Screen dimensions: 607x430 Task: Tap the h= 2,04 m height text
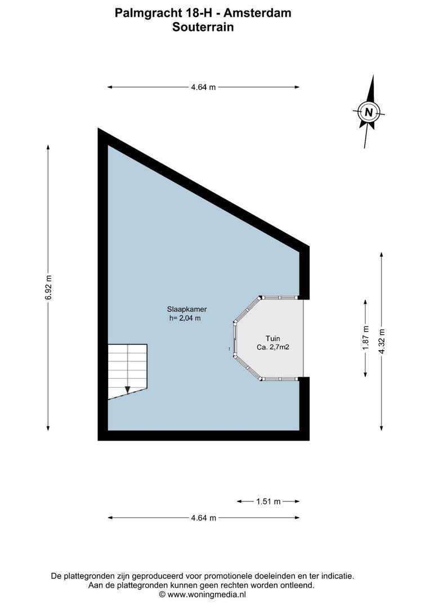point(185,318)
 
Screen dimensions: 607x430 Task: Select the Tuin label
point(273,338)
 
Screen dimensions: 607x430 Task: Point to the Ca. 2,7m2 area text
point(272,347)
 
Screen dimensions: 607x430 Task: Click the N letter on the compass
point(369,112)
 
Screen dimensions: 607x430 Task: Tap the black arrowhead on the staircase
point(128,389)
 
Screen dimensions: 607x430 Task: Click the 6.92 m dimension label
point(48,287)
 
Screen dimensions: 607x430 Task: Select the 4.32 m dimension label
point(382,341)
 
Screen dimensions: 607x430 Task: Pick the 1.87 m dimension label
point(366,338)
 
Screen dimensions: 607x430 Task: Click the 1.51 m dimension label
point(268,501)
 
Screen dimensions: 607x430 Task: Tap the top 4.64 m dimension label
point(203,87)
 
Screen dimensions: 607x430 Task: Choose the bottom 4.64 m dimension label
point(203,518)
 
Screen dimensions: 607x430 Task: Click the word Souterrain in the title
point(203,26)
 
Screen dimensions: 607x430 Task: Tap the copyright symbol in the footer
point(162,594)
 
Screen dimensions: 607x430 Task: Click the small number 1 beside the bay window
point(230,350)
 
